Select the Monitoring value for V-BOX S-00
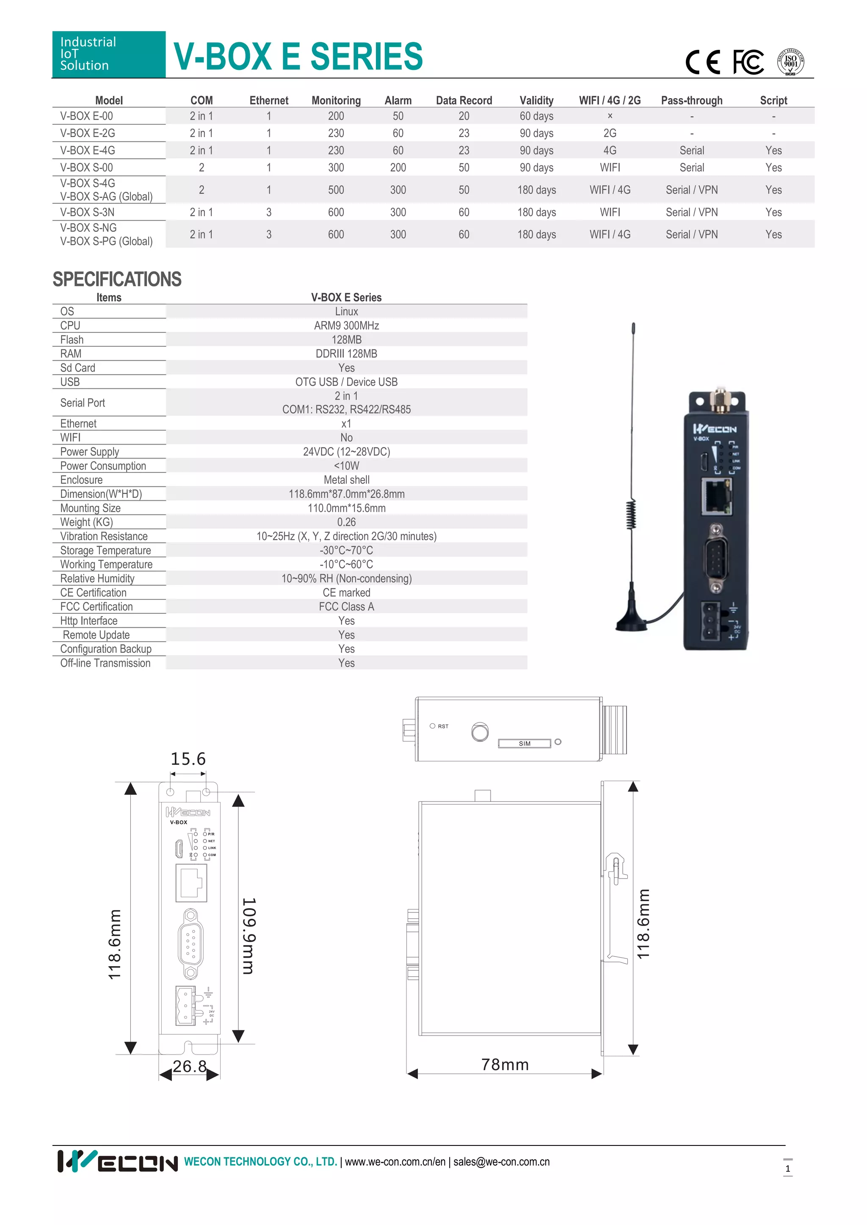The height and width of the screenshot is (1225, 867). point(336,168)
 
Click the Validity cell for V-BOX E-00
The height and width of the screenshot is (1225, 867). point(536,116)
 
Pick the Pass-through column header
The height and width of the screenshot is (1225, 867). point(691,100)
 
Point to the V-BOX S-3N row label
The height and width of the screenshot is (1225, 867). point(87,212)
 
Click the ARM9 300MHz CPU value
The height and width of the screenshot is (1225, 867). point(346,325)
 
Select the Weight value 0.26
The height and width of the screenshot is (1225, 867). point(346,522)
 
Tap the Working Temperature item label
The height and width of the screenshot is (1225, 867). point(106,564)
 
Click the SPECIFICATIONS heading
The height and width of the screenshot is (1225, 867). point(117,280)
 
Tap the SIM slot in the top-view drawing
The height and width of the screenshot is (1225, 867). point(524,744)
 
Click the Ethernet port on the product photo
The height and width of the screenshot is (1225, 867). point(716,496)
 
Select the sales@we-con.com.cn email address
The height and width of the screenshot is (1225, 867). point(501,1162)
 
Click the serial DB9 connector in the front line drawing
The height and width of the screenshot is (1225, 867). point(191,944)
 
